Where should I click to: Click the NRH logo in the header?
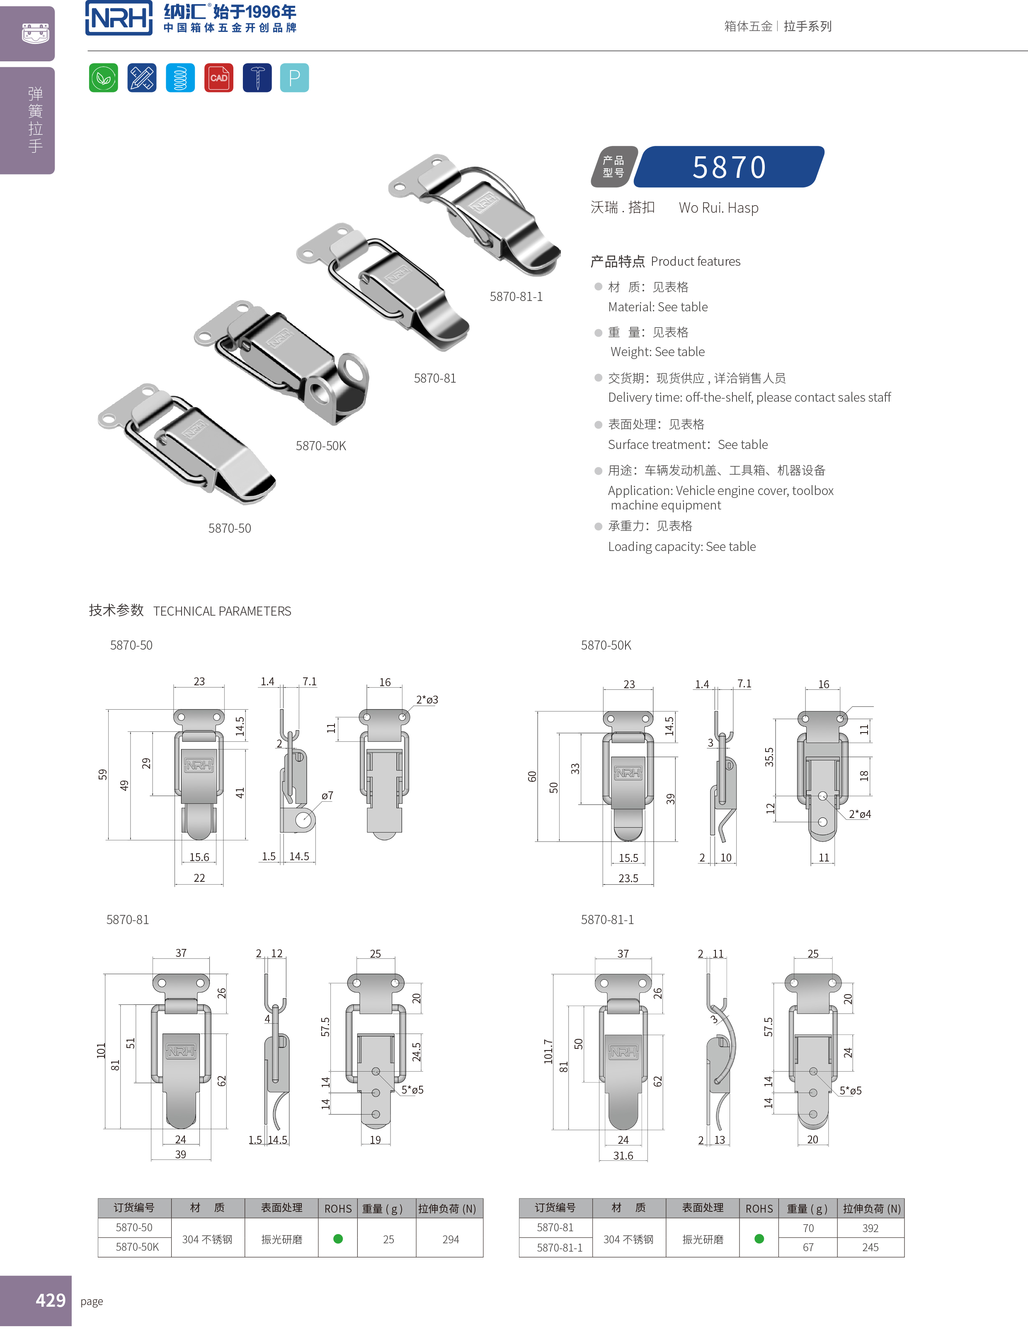(x=119, y=18)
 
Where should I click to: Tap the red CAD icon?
(x=218, y=78)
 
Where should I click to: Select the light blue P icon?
(x=294, y=78)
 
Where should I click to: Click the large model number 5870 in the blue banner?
(x=729, y=167)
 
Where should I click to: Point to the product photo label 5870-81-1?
(x=516, y=297)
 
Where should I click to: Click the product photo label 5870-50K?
(x=321, y=446)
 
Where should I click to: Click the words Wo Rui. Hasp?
(x=718, y=208)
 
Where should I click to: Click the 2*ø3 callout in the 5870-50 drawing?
(x=427, y=699)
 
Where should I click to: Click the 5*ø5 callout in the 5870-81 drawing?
(x=412, y=1090)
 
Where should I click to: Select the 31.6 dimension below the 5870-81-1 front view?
(x=623, y=1156)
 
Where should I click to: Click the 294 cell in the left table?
(x=451, y=1239)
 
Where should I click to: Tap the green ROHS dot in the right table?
(x=759, y=1239)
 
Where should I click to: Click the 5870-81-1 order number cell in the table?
(x=559, y=1248)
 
